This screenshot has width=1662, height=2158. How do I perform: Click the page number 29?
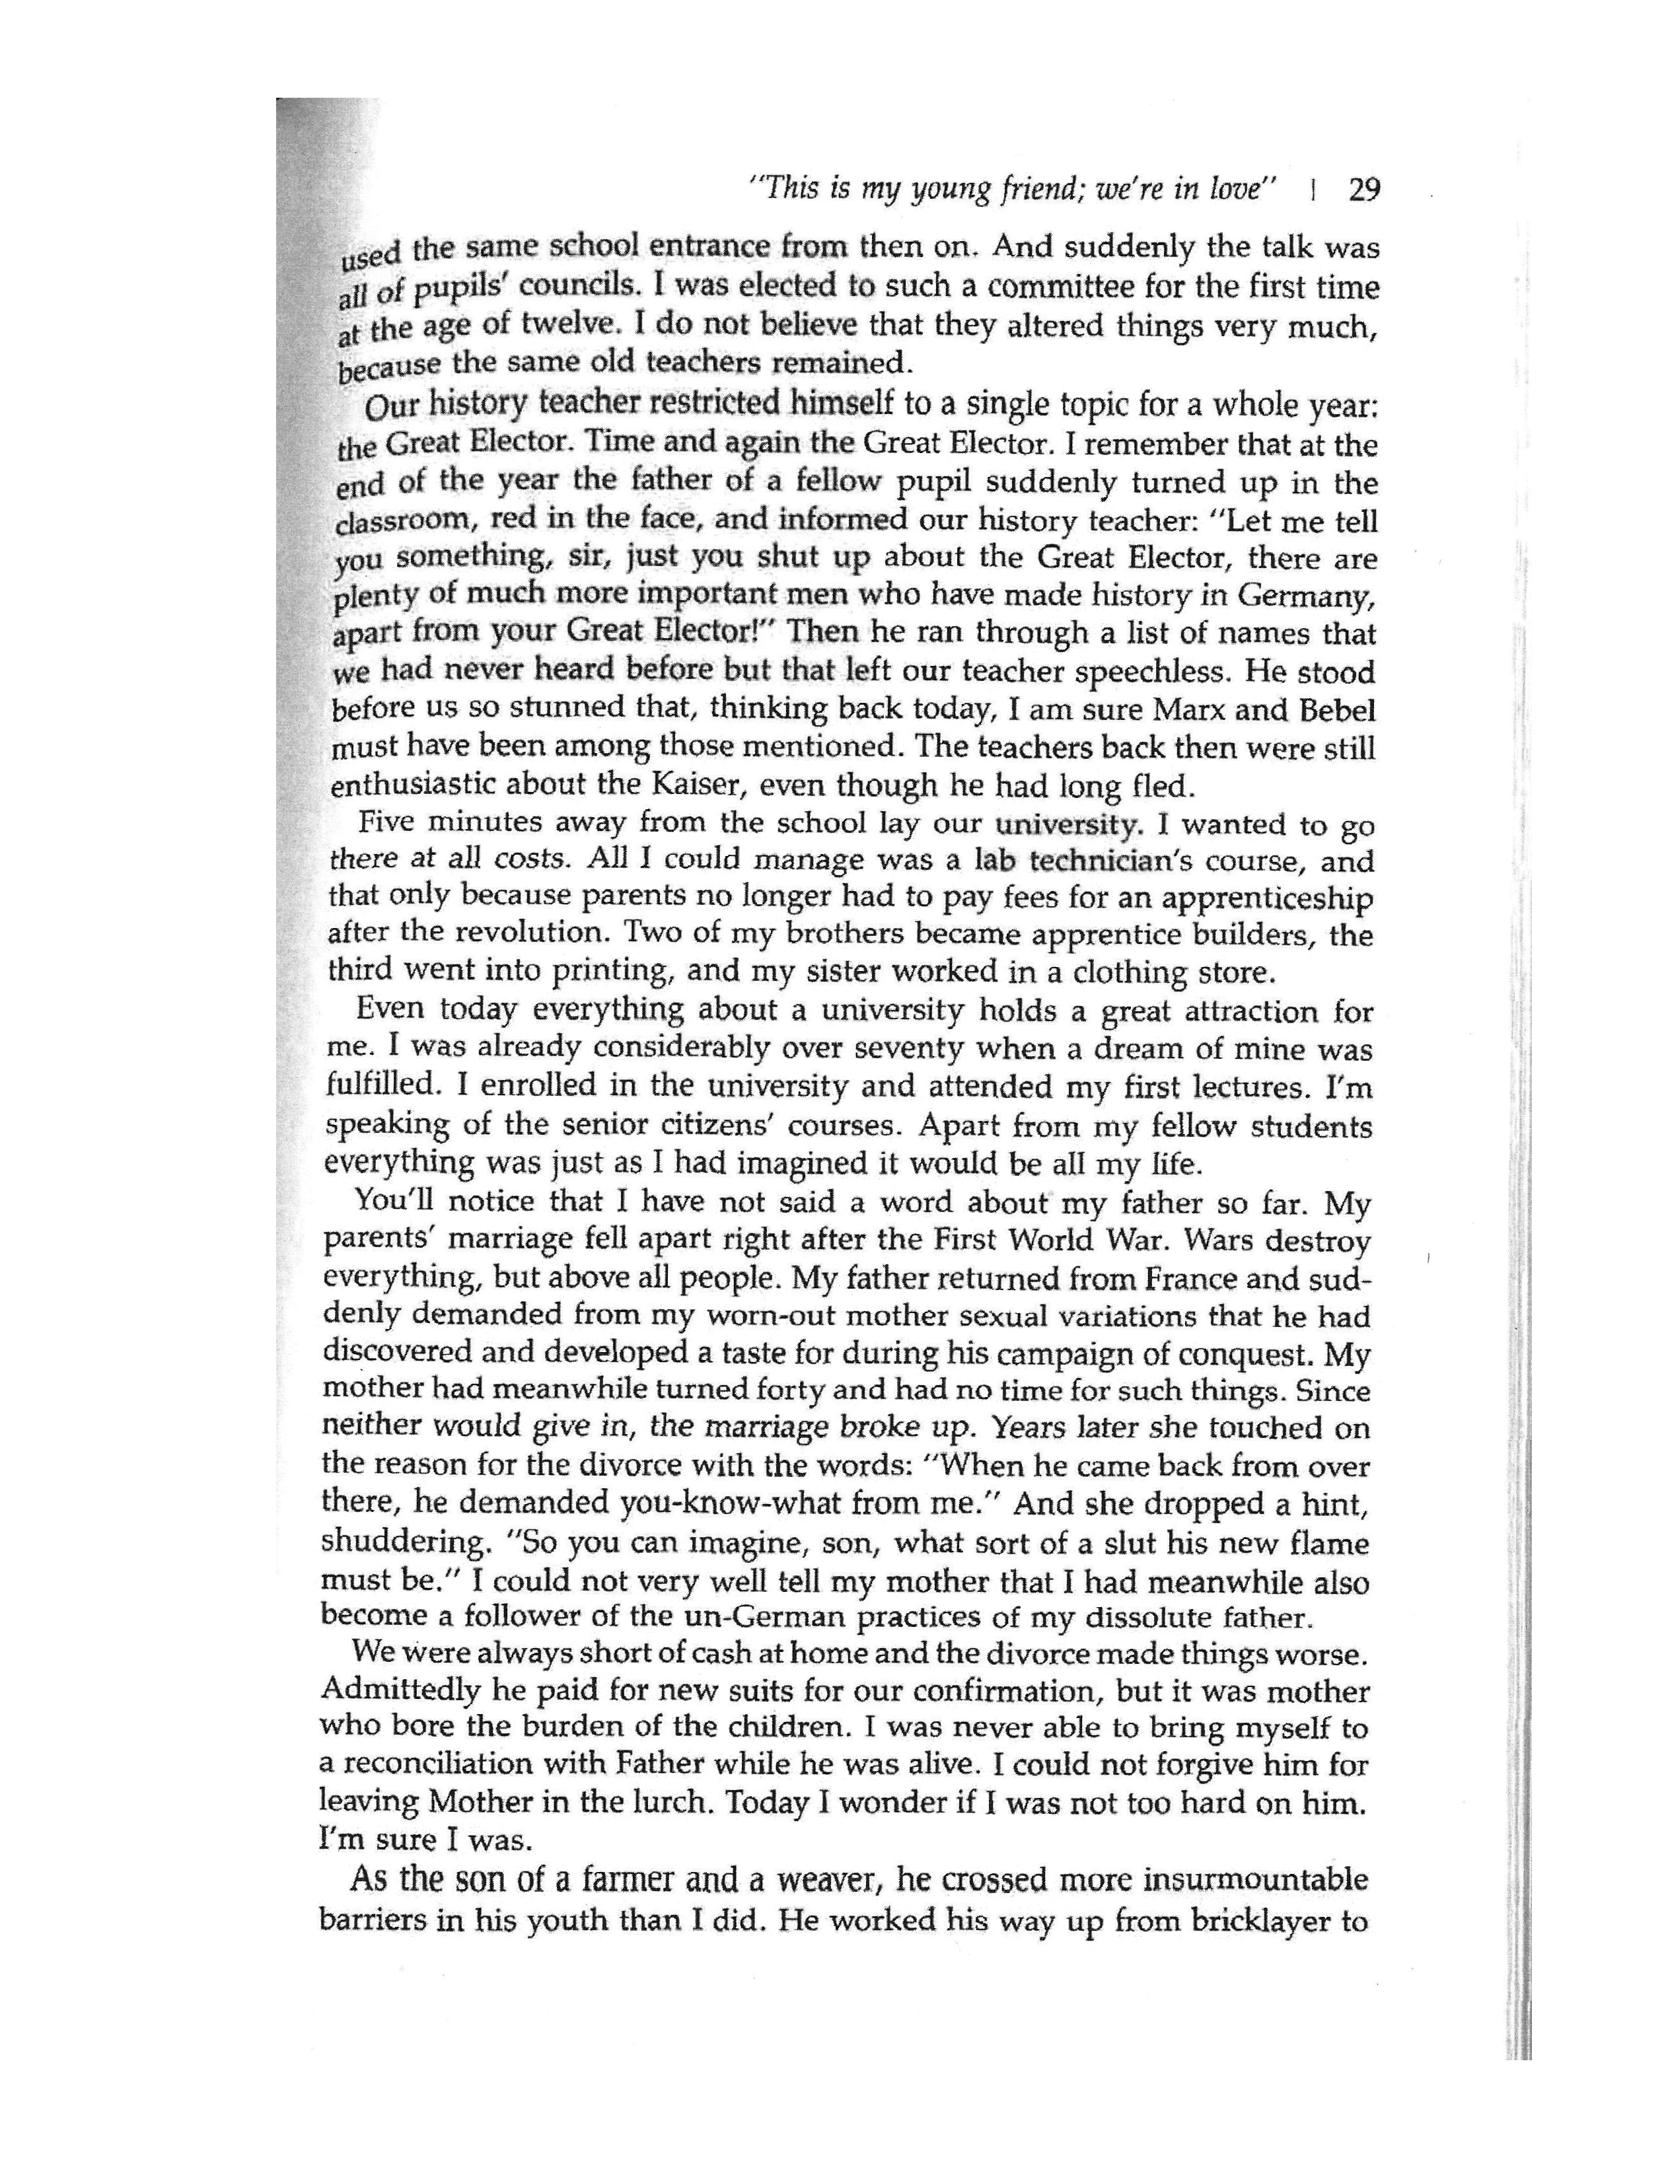(x=1363, y=190)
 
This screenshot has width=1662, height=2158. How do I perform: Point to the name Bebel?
(x=1334, y=711)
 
